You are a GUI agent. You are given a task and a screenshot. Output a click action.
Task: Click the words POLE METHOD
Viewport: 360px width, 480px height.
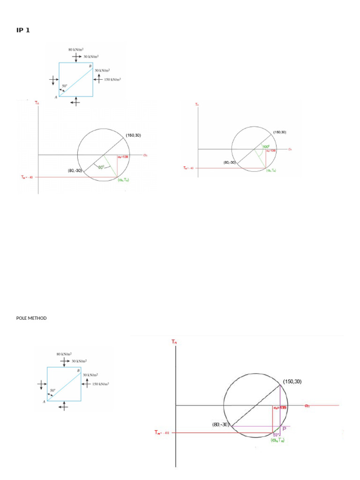coord(31,318)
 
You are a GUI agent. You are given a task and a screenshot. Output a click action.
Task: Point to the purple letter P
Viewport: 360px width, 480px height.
coord(285,428)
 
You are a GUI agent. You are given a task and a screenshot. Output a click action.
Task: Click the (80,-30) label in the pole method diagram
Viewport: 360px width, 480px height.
coord(220,425)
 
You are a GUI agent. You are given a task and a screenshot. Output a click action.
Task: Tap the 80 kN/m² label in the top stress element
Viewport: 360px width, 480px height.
coord(75,49)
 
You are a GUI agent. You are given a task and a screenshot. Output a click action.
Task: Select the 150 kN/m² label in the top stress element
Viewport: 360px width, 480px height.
coord(112,79)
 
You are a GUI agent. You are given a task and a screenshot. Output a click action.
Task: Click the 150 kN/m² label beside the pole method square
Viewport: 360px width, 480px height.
coord(100,384)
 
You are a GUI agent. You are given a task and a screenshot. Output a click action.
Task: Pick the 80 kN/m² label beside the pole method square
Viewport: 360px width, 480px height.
coord(64,354)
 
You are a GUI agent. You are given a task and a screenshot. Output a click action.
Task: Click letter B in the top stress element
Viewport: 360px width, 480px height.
coord(90,67)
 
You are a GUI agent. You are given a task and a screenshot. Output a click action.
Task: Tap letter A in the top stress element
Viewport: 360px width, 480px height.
coord(56,97)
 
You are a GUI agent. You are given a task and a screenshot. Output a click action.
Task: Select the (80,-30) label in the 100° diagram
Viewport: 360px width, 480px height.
coord(230,163)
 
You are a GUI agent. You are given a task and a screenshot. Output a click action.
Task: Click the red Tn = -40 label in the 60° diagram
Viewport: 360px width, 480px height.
coord(27,177)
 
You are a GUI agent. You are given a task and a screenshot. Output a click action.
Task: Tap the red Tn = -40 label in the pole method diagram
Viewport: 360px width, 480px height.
coord(165,433)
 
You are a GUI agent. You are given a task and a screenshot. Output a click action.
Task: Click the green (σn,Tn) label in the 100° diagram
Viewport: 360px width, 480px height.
coord(271,170)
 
